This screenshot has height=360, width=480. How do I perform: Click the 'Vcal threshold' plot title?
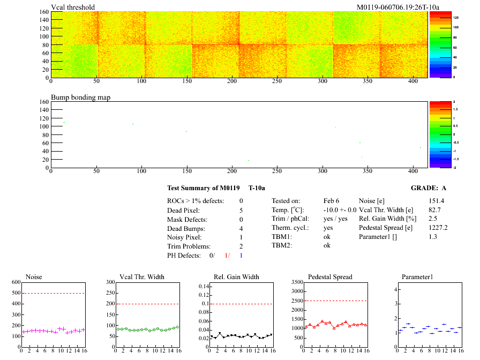pyautogui.click(x=73, y=7)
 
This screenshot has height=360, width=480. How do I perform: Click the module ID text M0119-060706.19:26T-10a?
pyautogui.click(x=398, y=7)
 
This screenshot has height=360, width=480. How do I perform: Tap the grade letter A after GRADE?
pyautogui.click(x=444, y=188)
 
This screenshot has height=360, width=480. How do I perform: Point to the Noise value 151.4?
pyautogui.click(x=437, y=200)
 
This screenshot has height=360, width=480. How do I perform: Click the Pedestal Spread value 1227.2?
pyautogui.click(x=438, y=228)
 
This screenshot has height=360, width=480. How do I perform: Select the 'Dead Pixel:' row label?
pyautogui.click(x=183, y=210)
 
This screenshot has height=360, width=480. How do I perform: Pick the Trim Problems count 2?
pyautogui.click(x=241, y=246)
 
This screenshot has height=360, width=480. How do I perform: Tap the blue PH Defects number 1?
pyautogui.click(x=241, y=256)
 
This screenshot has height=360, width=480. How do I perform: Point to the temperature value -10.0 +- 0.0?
pyautogui.click(x=340, y=210)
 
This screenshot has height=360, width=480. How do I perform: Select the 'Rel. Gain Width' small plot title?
pyautogui.click(x=237, y=277)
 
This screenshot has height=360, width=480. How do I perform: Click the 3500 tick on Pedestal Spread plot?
pyautogui.click(x=295, y=282)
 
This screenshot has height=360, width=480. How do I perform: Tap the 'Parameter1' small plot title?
pyautogui.click(x=417, y=277)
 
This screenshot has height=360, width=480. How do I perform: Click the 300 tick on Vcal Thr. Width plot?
pyautogui.click(x=111, y=282)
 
